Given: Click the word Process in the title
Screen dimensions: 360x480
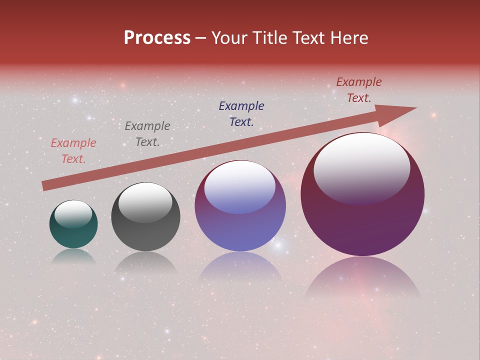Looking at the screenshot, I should click(157, 38).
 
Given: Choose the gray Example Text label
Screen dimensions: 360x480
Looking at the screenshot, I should click(147, 134).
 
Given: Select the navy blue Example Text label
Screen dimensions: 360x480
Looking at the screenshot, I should click(241, 113).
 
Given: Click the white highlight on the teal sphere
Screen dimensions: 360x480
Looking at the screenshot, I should click(73, 214).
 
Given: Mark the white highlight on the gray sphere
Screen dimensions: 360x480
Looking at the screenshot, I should click(145, 201).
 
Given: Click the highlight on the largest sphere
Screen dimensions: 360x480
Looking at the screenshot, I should click(362, 167).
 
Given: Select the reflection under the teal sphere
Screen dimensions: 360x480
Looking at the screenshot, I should click(73, 256).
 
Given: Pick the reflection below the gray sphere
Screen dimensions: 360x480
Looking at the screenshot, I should click(145, 262).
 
